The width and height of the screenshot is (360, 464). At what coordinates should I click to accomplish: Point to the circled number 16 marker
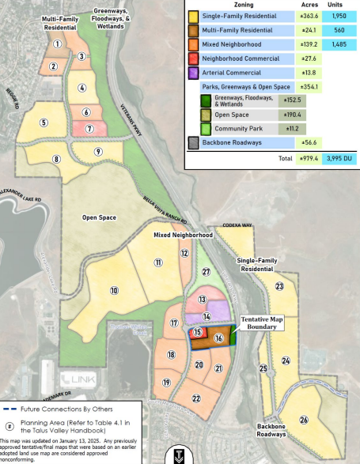click(218, 338)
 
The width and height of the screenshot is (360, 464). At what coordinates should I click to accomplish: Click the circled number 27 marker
click(206, 272)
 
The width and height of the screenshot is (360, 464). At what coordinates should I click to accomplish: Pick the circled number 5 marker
click(44, 123)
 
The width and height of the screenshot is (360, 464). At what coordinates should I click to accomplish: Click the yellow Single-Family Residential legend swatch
click(193, 16)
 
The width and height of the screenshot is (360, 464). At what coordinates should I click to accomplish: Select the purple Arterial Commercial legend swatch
click(193, 72)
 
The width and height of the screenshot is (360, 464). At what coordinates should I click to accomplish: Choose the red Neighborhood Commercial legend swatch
click(193, 58)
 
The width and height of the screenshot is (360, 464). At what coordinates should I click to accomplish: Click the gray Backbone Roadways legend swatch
click(193, 142)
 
